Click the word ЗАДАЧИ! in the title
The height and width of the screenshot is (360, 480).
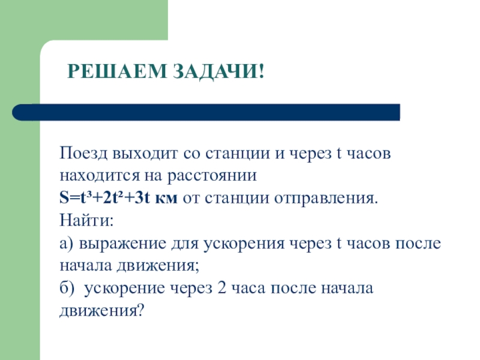[x=220, y=73]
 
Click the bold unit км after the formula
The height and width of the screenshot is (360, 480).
[x=166, y=199]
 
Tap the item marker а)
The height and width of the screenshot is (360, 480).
[x=67, y=243]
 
